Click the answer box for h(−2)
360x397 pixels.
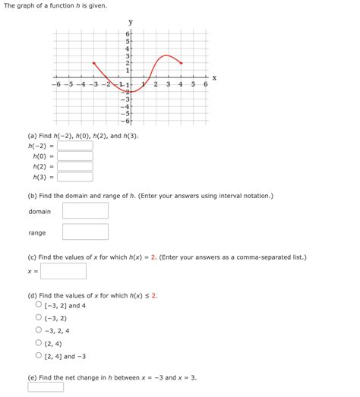pos(74,145)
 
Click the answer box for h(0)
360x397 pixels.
pos(74,156)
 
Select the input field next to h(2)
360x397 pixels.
pos(74,166)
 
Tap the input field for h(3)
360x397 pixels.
pos(74,177)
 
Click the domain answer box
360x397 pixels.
pos(85,211)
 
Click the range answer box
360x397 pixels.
pos(85,232)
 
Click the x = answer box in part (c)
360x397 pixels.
pos(63,271)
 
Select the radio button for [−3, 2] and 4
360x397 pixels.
pos(38,304)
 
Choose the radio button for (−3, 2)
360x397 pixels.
pos(38,317)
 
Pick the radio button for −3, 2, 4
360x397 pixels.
pos(38,330)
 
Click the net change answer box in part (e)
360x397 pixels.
pos(46,386)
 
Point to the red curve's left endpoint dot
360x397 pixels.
pos(93,63)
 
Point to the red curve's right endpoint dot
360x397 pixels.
pos(181,63)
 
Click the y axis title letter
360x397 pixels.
pos(131,22)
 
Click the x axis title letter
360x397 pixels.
pos(214,77)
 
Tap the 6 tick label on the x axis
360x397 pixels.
pos(205,84)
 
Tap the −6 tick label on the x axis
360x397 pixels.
pos(55,84)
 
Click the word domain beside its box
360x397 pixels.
pos(39,212)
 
